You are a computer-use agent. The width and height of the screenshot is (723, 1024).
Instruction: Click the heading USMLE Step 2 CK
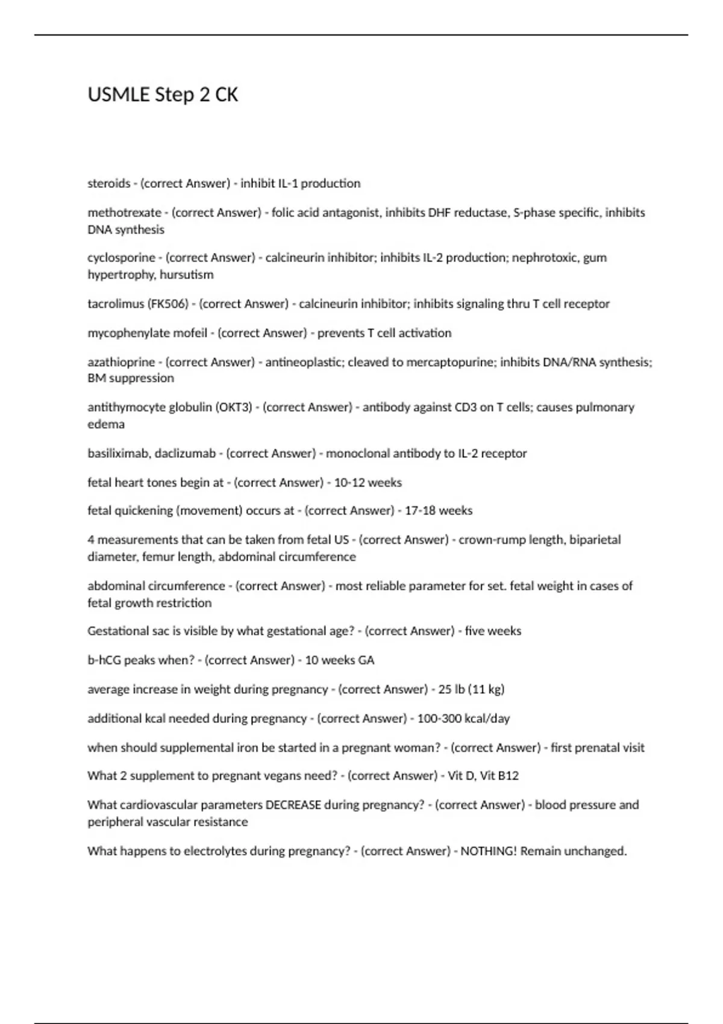pos(163,95)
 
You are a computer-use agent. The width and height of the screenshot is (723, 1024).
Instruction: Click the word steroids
pos(109,183)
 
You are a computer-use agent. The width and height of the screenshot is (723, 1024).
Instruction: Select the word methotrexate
pos(125,213)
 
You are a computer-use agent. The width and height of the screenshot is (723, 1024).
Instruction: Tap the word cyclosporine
pos(121,258)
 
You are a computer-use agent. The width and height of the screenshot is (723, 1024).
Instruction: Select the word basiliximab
pos(118,453)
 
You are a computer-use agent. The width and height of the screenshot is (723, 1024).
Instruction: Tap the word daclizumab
pos(185,453)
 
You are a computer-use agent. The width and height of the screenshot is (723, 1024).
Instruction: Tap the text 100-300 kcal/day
pos(463,719)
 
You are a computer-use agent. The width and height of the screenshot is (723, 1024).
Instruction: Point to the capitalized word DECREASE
pos(293,805)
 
